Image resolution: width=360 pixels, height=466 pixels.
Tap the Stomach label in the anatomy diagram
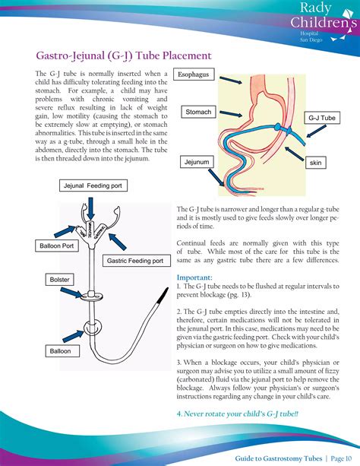coord(198,112)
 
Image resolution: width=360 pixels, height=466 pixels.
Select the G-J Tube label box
coord(322,118)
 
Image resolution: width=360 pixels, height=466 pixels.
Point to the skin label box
coord(314,163)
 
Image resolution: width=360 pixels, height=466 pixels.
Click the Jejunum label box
coord(196,162)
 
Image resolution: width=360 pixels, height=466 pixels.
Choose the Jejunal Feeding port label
coord(94,185)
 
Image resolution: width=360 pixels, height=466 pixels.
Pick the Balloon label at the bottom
coord(60,351)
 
